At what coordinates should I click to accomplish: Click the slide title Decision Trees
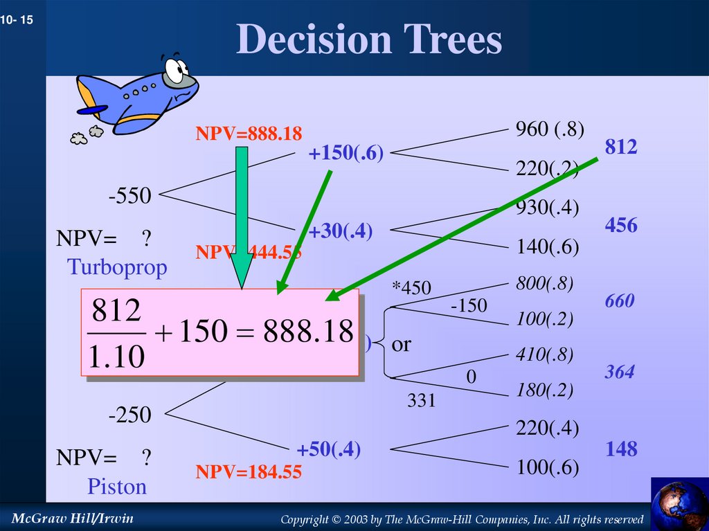tap(368, 39)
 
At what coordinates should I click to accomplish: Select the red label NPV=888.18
tap(249, 134)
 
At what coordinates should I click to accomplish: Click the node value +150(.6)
tap(346, 154)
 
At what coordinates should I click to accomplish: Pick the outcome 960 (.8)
tap(550, 129)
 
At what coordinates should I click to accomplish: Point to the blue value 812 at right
tap(621, 147)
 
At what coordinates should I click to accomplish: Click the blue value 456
tap(621, 226)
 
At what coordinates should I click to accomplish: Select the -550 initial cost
tap(129, 196)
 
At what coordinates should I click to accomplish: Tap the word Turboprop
tap(117, 267)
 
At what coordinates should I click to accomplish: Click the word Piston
tap(117, 487)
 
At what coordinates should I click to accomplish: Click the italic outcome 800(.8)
tap(545, 282)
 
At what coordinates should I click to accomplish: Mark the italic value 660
tap(619, 301)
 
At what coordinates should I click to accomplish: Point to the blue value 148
tap(621, 449)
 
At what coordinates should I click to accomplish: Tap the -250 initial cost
tap(129, 415)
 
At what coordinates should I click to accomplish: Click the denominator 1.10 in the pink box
tap(116, 357)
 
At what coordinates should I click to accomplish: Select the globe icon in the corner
tap(679, 504)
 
